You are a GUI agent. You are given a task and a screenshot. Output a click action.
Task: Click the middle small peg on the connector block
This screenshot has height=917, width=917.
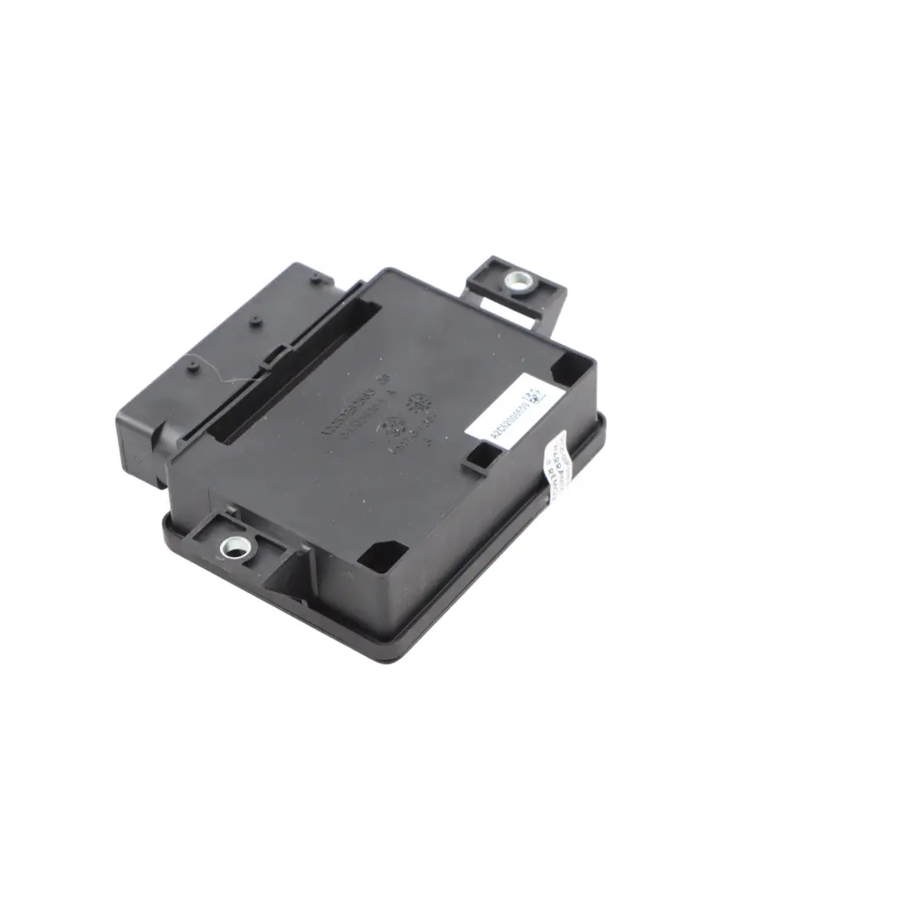point(254,320)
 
